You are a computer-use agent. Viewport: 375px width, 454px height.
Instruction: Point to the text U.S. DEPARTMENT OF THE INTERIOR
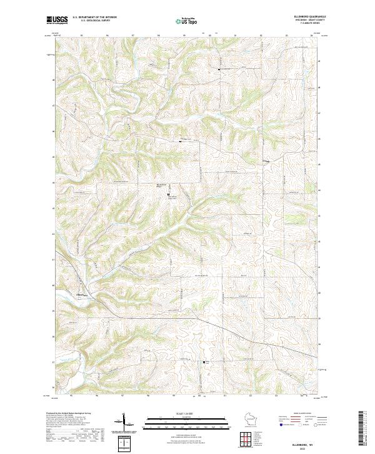tap(94, 18)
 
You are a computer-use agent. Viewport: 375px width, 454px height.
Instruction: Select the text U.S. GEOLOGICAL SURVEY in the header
tap(91, 21)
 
